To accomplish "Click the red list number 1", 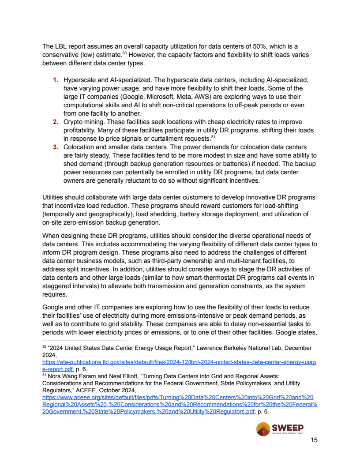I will point(55,80).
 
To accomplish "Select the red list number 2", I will point(55,121).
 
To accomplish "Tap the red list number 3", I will point(55,147).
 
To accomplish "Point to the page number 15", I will point(314,440).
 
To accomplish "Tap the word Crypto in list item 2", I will point(74,121).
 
